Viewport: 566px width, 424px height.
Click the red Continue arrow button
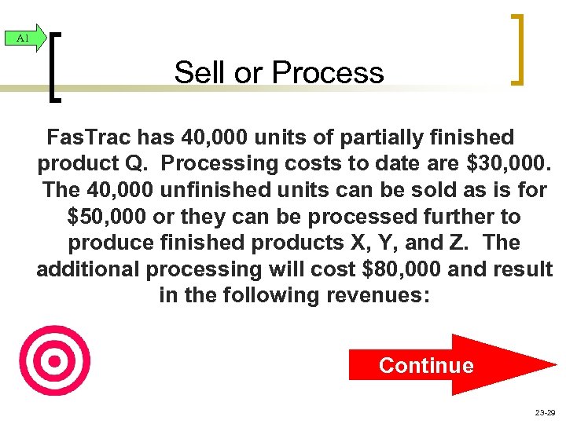tap(440, 365)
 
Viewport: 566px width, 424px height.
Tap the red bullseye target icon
tap(54, 360)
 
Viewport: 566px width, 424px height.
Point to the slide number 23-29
tap(543, 411)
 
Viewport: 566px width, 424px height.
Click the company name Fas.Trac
tap(89, 138)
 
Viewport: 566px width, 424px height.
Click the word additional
tap(88, 269)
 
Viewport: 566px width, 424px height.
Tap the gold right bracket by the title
tap(516, 49)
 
